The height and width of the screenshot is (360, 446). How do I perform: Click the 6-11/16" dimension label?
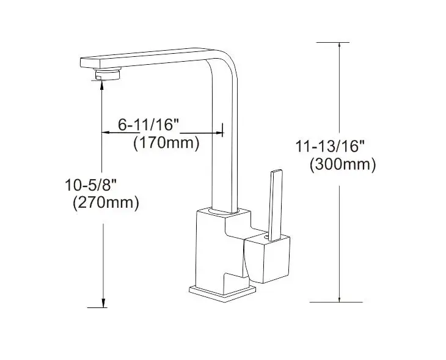[x=148, y=124]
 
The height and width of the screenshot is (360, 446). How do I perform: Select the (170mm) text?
[x=166, y=144]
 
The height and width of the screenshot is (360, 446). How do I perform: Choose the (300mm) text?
[x=342, y=164]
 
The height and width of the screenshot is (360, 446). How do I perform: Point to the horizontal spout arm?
[x=147, y=60]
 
